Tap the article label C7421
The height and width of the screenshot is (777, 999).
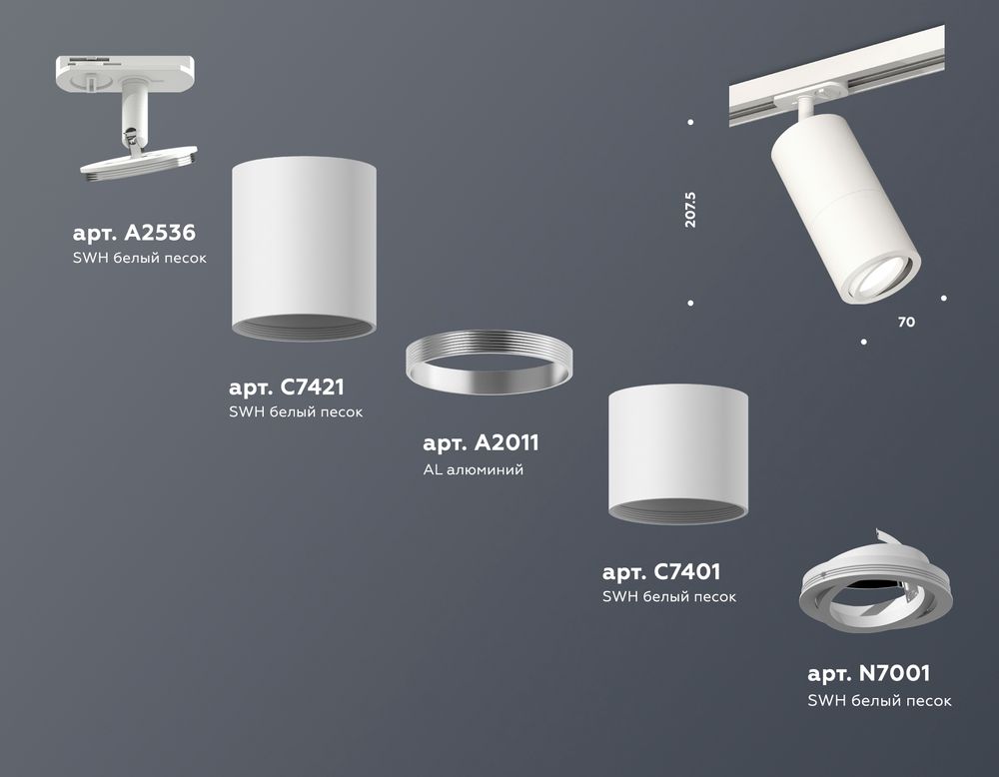click(292, 388)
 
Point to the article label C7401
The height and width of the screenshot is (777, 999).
click(661, 572)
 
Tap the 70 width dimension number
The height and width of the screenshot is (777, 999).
click(906, 323)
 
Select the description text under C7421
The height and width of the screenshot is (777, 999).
click(296, 411)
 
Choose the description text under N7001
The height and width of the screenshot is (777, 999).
click(879, 701)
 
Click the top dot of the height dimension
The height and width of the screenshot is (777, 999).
click(691, 123)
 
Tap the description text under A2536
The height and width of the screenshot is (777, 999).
click(140, 259)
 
